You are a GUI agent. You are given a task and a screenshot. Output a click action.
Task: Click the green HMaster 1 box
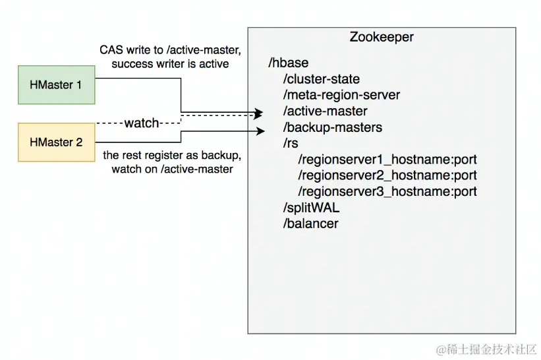(x=56, y=84)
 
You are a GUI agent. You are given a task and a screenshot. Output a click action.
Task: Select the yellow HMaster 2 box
(x=56, y=142)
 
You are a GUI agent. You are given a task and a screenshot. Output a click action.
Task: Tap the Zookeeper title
(x=382, y=37)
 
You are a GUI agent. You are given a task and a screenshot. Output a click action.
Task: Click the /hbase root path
(x=289, y=63)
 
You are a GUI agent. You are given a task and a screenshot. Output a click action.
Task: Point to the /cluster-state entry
(x=321, y=79)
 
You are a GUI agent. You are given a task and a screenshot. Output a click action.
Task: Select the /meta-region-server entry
(x=341, y=95)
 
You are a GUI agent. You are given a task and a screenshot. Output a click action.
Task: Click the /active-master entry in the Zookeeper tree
(x=325, y=111)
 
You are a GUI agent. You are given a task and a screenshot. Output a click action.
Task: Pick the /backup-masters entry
(x=332, y=127)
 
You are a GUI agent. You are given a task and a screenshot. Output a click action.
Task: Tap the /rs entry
(x=291, y=143)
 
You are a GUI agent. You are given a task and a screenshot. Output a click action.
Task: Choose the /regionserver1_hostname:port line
(x=387, y=160)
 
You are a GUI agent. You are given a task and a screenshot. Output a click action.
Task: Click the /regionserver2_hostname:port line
(x=387, y=175)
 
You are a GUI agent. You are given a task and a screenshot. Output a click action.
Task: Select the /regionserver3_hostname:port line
(x=387, y=192)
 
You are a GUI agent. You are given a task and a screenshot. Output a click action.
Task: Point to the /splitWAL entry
(x=312, y=208)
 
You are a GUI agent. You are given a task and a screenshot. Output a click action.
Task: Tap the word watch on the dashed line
(x=142, y=123)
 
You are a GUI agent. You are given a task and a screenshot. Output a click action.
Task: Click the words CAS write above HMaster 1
(x=123, y=50)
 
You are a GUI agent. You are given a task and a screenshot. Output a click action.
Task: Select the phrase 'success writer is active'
(x=170, y=64)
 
